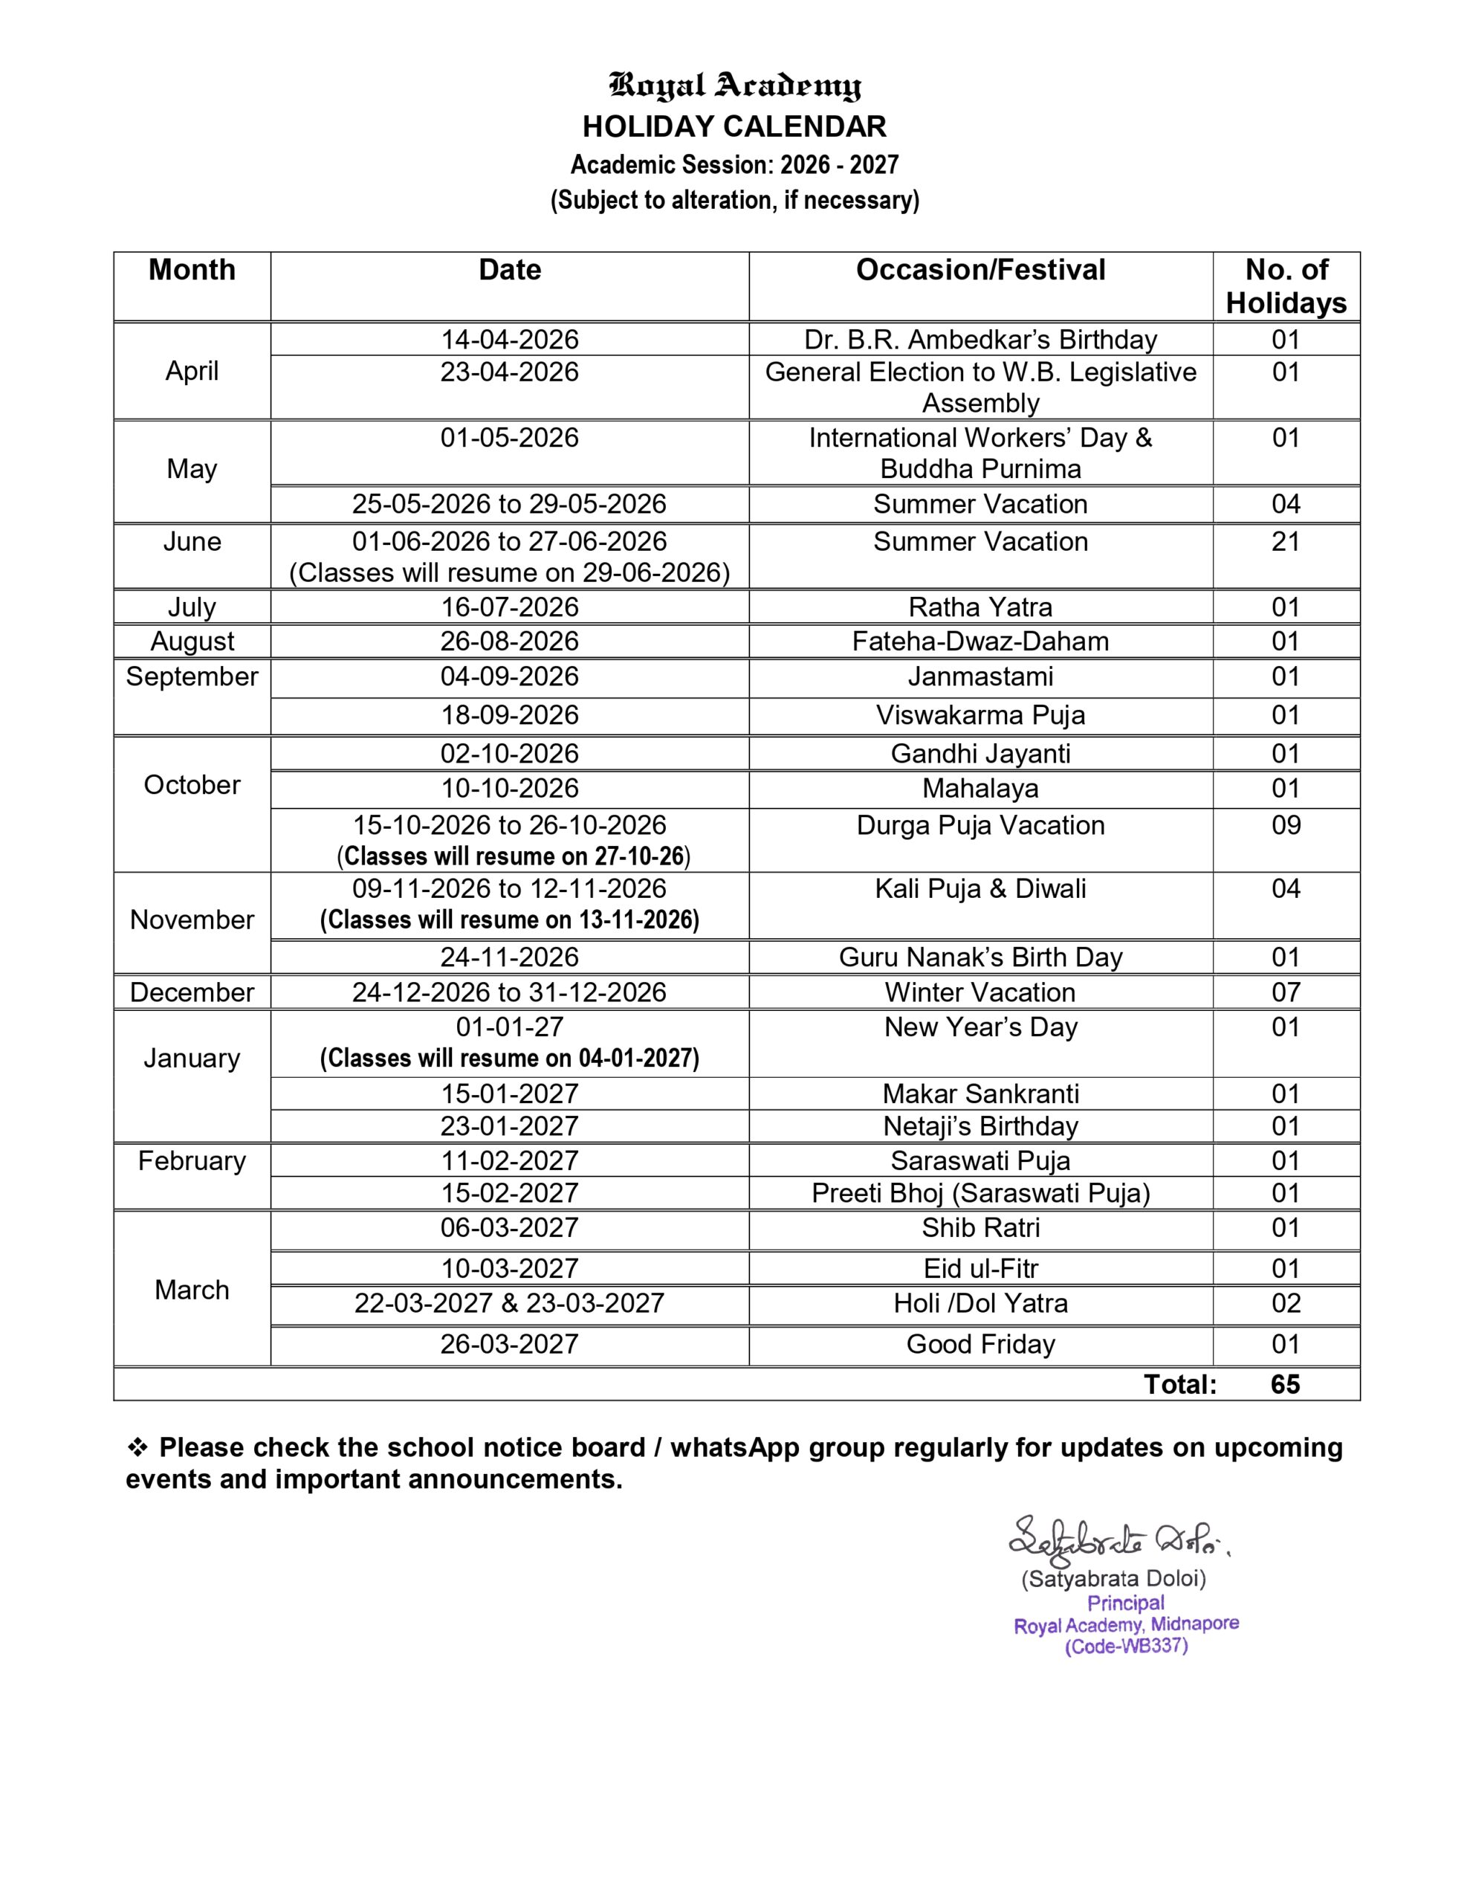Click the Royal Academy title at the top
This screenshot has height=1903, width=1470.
[734, 85]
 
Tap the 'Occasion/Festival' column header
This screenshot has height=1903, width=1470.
[980, 270]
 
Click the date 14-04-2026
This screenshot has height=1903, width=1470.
[510, 339]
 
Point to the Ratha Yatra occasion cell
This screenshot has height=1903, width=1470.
[980, 607]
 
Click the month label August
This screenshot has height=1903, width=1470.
[192, 642]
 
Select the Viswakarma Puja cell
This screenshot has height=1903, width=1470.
[980, 714]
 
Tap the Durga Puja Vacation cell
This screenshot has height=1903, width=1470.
[980, 825]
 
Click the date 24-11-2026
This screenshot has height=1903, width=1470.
[510, 957]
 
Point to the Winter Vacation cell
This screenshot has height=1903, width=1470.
[980, 992]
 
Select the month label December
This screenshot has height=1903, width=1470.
[192, 992]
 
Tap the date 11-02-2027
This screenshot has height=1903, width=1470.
[510, 1160]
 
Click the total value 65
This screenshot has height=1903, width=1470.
[1285, 1385]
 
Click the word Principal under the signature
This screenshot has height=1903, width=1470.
[1125, 1603]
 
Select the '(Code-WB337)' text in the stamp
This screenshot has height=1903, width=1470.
[1126, 1646]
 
